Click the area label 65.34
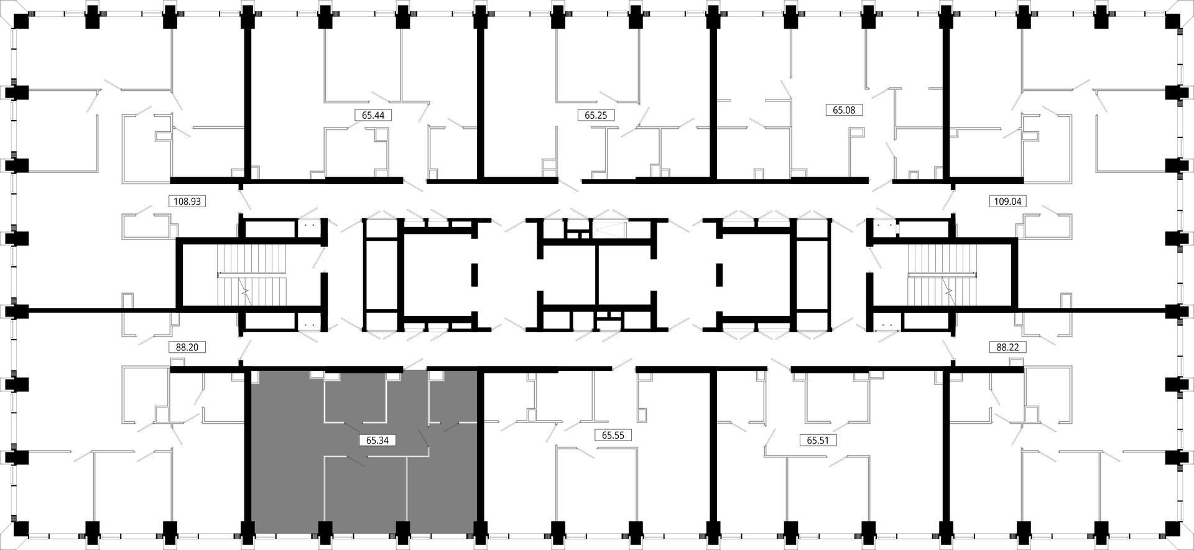click(x=377, y=440)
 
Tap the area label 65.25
click(x=596, y=115)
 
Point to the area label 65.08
click(x=844, y=110)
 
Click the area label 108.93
click(x=187, y=202)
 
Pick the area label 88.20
click(x=187, y=347)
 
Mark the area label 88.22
click(x=1007, y=347)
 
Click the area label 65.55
click(x=613, y=436)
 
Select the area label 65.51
click(x=818, y=440)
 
